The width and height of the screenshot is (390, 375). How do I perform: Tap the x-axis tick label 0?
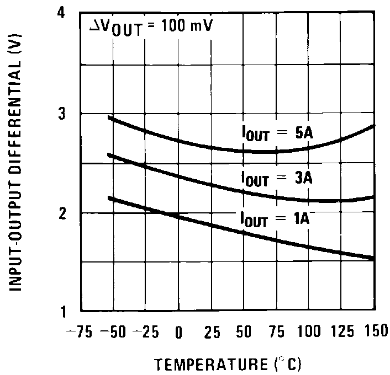(178, 333)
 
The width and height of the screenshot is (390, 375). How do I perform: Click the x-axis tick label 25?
(212, 333)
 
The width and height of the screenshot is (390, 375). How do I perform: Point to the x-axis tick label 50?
(244, 333)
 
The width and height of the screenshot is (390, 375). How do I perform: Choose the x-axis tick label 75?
(277, 333)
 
